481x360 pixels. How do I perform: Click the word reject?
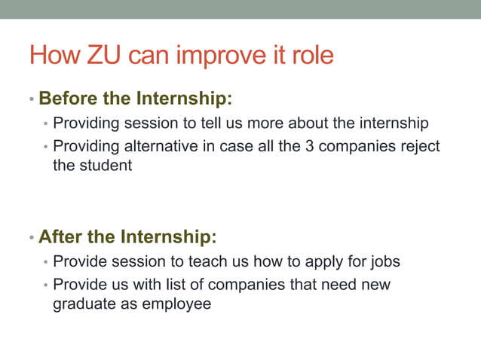(x=416, y=146)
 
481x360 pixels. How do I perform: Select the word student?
(x=106, y=165)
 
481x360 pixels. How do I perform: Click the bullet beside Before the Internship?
(x=31, y=99)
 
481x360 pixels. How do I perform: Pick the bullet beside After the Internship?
(x=31, y=238)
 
